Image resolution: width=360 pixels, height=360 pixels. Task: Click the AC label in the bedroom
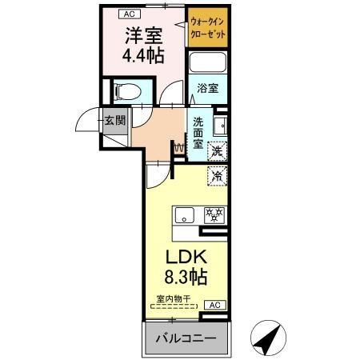(x=128, y=14)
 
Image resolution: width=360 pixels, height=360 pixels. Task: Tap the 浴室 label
(x=209, y=88)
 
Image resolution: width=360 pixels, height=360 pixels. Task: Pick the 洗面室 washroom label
(x=198, y=133)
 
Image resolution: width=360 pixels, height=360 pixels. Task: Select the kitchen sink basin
(x=185, y=214)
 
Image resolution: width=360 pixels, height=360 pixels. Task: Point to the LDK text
(x=186, y=258)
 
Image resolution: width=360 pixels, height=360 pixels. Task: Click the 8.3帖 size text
(x=186, y=278)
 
